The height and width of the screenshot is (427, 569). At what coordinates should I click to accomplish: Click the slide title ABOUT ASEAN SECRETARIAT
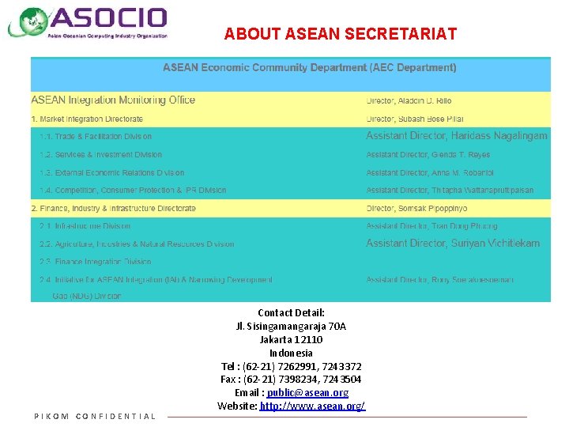(340, 34)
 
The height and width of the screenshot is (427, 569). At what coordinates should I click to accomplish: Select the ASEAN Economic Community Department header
(309, 68)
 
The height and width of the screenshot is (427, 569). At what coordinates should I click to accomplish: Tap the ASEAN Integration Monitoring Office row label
(113, 100)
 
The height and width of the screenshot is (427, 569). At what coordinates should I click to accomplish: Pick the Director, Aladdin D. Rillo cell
(409, 101)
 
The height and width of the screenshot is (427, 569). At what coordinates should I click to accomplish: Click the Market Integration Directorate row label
(87, 119)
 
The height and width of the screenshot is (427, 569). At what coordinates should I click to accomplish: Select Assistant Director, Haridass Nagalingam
(456, 136)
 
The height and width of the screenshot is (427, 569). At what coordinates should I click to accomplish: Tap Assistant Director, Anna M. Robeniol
(430, 172)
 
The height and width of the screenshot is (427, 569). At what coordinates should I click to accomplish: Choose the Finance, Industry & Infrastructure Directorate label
(113, 209)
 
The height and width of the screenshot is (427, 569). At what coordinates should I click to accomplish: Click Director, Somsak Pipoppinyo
(416, 209)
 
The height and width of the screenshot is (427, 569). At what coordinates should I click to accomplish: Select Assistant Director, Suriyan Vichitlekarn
(452, 244)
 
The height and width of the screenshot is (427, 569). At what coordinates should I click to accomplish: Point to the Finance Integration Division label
(95, 262)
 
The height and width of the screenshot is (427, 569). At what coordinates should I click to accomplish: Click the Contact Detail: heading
(291, 313)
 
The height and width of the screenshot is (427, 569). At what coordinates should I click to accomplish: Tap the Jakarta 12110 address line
(291, 340)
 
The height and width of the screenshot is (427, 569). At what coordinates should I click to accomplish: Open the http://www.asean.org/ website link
(312, 406)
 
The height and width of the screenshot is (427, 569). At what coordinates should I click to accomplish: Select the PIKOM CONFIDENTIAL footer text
(95, 417)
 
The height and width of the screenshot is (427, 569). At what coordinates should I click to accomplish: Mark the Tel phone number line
(291, 367)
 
